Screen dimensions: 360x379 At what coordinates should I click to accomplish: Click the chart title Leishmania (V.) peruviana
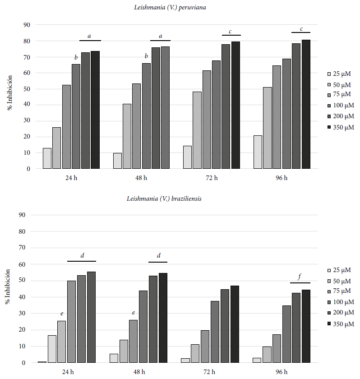click(x=170, y=8)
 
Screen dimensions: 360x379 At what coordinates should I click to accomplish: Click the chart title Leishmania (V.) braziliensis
click(x=164, y=199)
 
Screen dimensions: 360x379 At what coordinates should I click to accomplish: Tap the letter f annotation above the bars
click(x=300, y=276)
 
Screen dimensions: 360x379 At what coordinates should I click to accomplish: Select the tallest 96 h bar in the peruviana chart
click(x=306, y=104)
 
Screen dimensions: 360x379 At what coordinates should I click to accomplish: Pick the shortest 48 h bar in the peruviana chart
click(x=117, y=161)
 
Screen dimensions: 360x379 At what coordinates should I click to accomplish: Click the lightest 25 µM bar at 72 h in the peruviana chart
click(x=188, y=157)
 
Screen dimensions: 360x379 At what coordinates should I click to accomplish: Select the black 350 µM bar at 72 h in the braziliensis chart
click(x=235, y=324)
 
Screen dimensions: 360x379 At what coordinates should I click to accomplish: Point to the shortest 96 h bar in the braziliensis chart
click(x=257, y=360)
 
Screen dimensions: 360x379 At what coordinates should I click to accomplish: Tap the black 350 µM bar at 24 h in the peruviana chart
click(x=95, y=110)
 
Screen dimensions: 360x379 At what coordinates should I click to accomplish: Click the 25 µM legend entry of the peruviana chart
click(x=339, y=74)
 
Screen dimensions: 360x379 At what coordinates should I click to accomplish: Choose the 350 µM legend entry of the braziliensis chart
click(x=341, y=324)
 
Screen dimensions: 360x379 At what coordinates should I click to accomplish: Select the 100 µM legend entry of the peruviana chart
click(x=341, y=106)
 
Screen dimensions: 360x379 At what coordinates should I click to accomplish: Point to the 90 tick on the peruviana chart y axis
click(x=27, y=25)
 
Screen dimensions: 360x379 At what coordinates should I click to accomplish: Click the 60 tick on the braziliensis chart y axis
click(x=22, y=264)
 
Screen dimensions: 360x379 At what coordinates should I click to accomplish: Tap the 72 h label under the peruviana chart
click(x=212, y=178)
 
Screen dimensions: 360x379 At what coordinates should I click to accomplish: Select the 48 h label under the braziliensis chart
click(x=139, y=372)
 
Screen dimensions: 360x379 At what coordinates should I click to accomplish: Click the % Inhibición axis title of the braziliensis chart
click(x=8, y=287)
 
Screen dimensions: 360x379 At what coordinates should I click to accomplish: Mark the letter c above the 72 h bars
click(x=230, y=32)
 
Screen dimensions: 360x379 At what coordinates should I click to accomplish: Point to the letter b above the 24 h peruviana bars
click(x=76, y=57)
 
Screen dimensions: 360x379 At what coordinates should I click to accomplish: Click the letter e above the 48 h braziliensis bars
click(x=134, y=313)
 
